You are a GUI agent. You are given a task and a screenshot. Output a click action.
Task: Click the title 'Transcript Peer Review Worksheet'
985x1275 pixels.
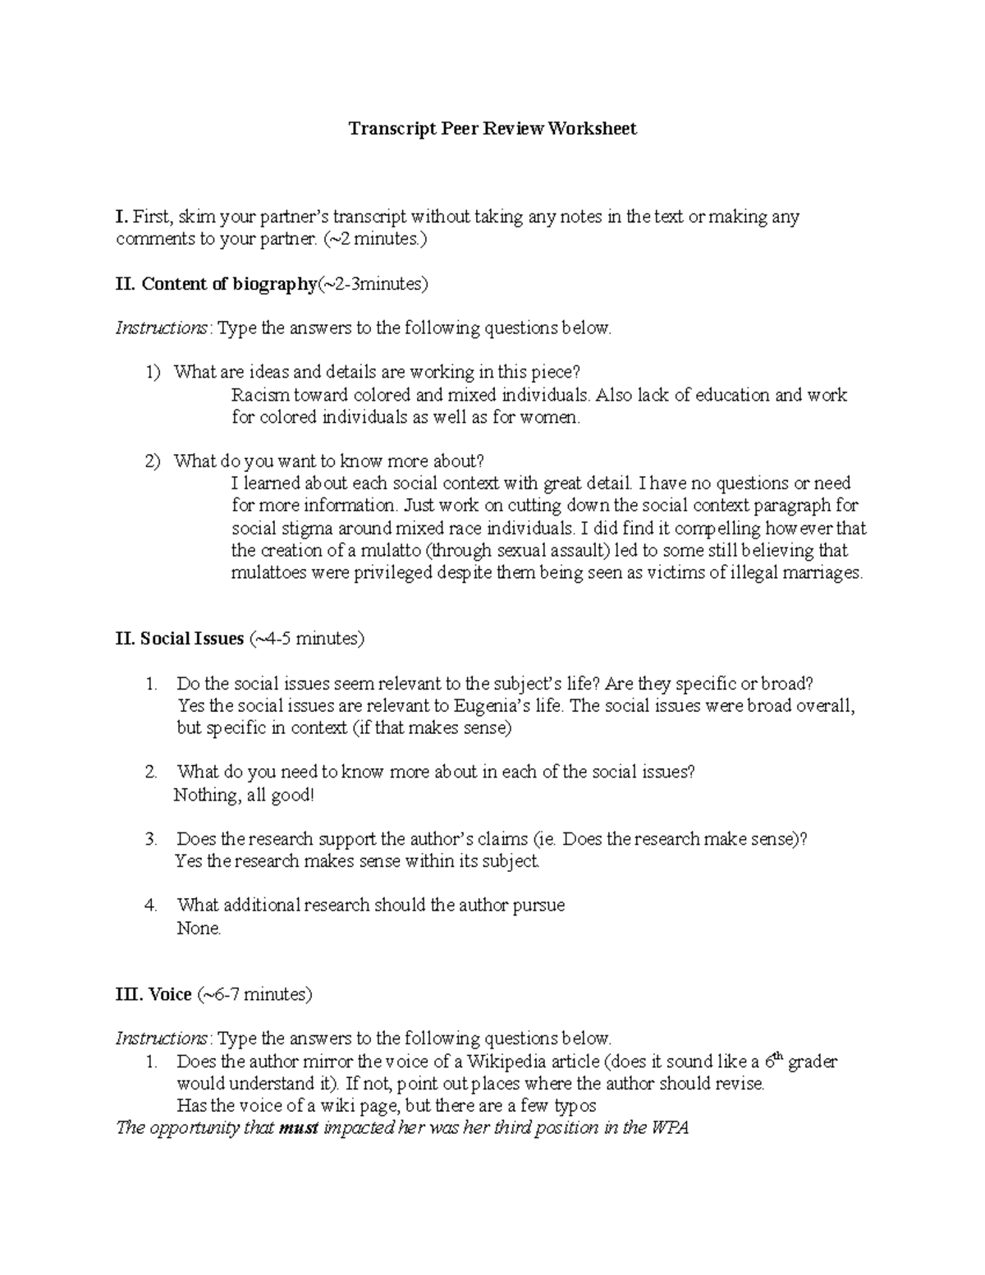pyautogui.click(x=492, y=129)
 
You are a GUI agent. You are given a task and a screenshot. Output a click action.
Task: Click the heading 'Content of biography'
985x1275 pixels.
pyautogui.click(x=228, y=284)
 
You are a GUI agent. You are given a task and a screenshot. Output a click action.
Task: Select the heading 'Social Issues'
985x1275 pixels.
pyautogui.click(x=191, y=638)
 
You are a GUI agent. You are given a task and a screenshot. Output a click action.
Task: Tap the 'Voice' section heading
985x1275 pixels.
pyautogui.click(x=170, y=994)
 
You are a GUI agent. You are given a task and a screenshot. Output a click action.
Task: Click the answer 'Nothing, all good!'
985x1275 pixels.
pyautogui.click(x=244, y=795)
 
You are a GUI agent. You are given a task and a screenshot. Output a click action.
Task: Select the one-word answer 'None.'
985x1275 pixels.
pyautogui.click(x=199, y=929)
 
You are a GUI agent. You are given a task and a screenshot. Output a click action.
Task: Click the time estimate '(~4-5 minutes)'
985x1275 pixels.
pyautogui.click(x=306, y=638)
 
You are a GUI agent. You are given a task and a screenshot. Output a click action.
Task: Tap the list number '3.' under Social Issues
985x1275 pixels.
pyautogui.click(x=151, y=839)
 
